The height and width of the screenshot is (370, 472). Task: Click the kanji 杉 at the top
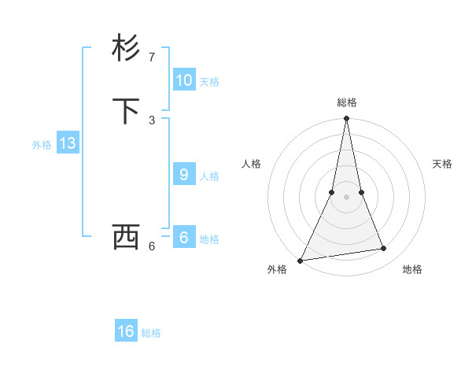[126, 48]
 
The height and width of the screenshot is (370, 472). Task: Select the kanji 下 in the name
[126, 111]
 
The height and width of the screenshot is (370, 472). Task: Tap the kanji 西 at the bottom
[126, 236]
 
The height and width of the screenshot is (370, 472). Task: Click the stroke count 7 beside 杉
[152, 57]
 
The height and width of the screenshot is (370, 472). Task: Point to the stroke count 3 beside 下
[152, 120]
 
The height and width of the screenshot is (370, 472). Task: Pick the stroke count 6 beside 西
[152, 246]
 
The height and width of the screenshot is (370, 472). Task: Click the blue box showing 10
[184, 80]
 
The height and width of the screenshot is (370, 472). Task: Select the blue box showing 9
[184, 175]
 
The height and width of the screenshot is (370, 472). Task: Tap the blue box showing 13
[68, 143]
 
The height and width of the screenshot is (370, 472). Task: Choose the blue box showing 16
[126, 331]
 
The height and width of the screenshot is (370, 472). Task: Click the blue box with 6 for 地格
[184, 238]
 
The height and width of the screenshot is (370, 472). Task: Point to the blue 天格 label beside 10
[209, 82]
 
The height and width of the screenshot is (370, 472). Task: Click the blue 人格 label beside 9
[209, 176]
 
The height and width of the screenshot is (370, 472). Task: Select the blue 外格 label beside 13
[42, 145]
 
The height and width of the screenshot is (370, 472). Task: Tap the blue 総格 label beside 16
[151, 333]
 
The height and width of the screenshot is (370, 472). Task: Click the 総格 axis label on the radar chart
[347, 102]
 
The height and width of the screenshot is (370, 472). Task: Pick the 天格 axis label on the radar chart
[442, 164]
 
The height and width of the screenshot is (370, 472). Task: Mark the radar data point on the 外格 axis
[301, 260]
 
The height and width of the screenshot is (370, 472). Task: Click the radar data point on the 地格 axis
[384, 249]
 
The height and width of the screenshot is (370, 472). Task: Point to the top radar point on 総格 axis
[347, 119]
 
